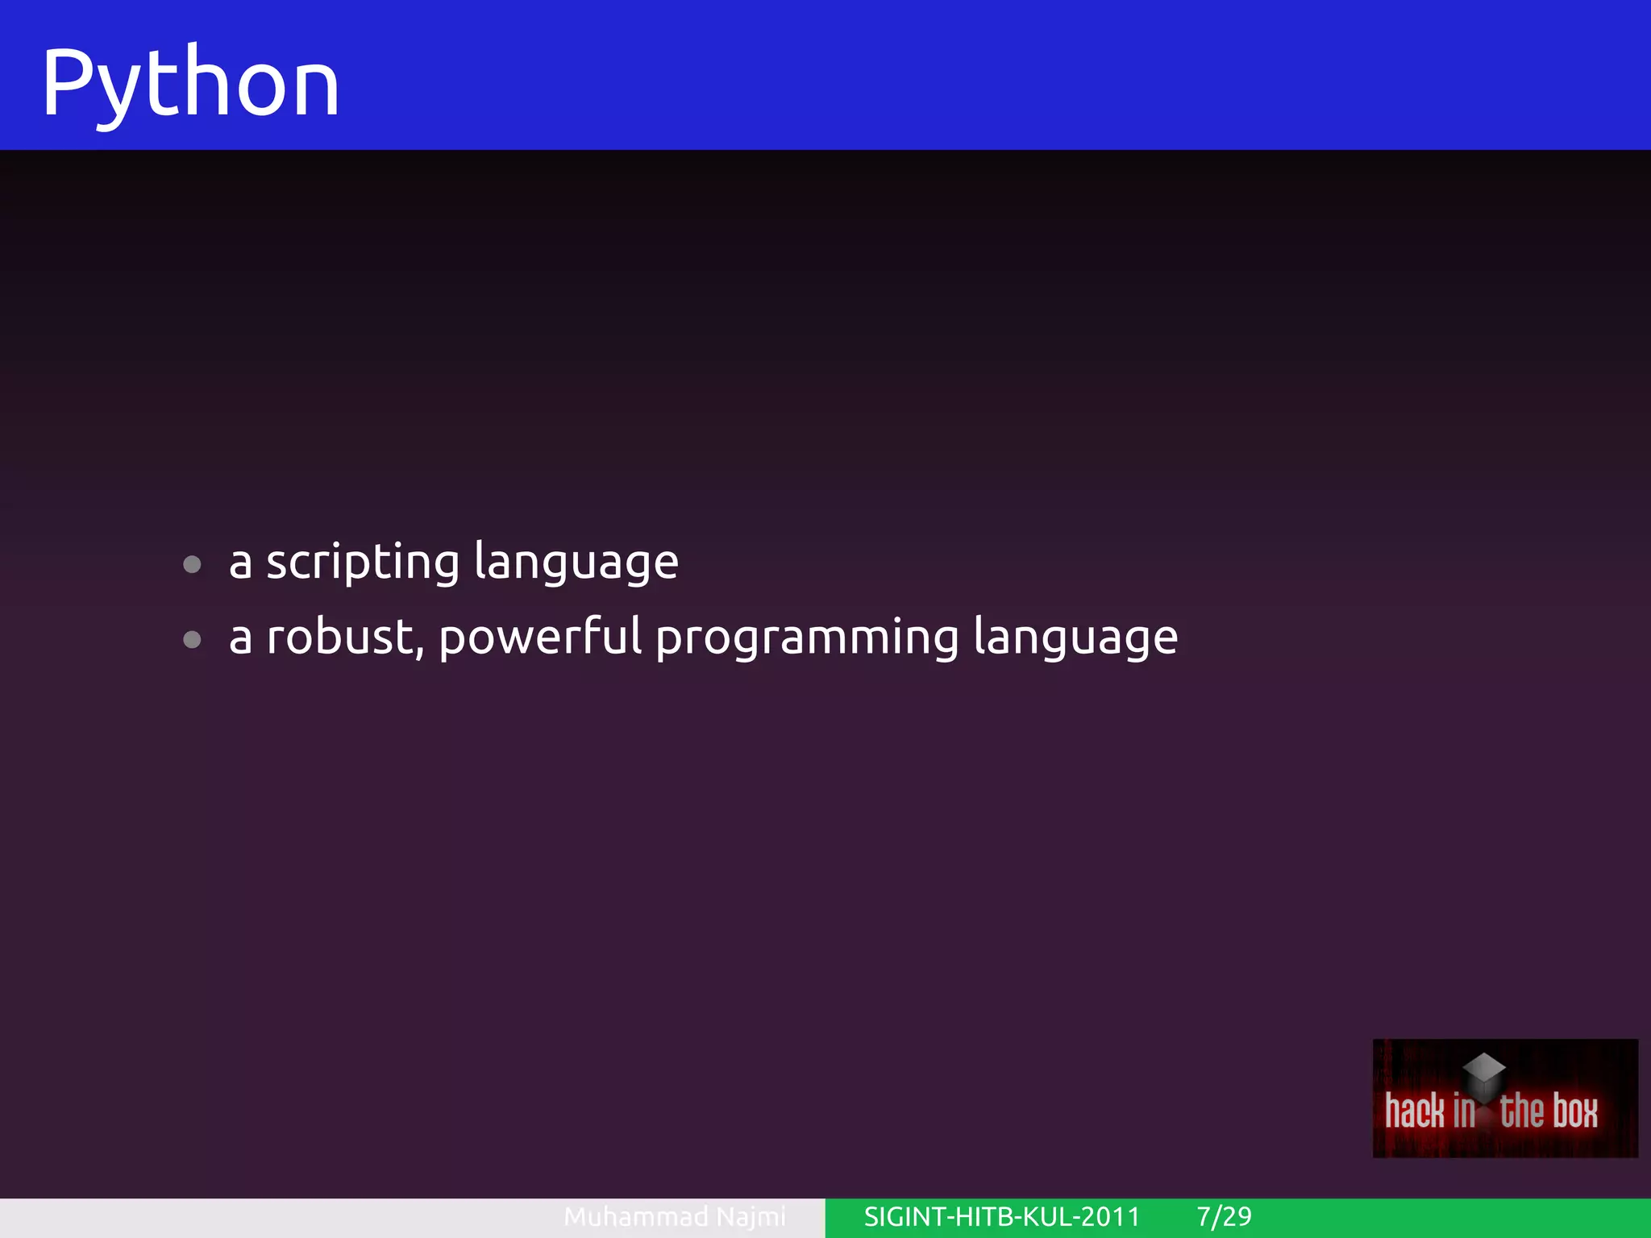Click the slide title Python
tap(190, 83)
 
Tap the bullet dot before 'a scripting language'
tap(192, 564)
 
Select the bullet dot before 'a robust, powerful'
tap(192, 640)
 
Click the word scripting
tap(363, 563)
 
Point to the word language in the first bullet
tap(576, 563)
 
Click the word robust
tap(339, 637)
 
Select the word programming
tap(807, 638)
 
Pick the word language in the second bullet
tap(1075, 638)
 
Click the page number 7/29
tap(1224, 1216)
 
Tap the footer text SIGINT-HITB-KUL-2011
tap(1002, 1216)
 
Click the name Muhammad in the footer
tap(635, 1216)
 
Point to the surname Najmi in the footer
tap(751, 1216)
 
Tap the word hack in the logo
tap(1415, 1111)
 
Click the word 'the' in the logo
tap(1521, 1111)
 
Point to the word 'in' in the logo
tap(1464, 1111)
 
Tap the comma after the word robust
tap(420, 651)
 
